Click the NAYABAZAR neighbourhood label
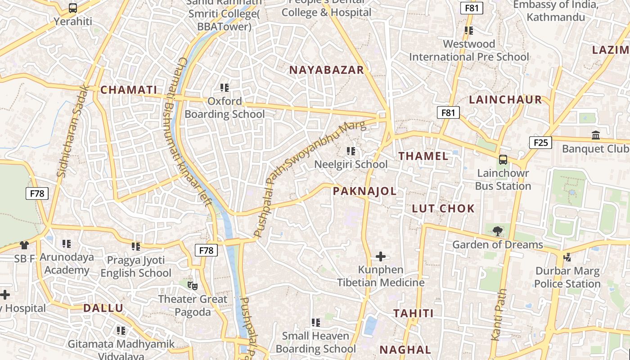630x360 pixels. point(326,70)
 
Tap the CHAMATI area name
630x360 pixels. point(129,90)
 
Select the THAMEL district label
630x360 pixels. point(423,156)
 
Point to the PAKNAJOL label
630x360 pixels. point(364,191)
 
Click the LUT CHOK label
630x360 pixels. point(443,208)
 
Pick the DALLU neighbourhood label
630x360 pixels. point(103,308)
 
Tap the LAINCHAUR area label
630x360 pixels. point(505,100)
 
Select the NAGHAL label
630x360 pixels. point(405,350)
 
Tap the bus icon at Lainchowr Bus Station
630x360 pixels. point(503,160)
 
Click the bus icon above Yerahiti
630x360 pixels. point(72,8)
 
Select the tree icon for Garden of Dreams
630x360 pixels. point(497,231)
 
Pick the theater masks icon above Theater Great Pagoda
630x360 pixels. point(193,285)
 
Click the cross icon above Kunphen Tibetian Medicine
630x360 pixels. point(380,256)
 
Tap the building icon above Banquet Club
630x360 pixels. point(596,135)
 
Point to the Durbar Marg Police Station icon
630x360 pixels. point(567,257)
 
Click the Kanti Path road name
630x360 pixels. point(499,315)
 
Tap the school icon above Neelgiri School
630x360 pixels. point(351,151)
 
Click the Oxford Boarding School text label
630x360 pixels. point(225,108)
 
